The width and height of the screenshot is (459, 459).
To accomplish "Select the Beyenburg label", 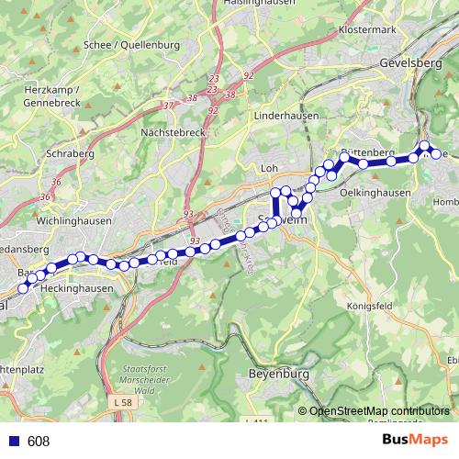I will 278,374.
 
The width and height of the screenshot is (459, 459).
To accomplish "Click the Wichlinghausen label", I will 73,221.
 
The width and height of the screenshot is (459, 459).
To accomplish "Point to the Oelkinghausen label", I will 374,192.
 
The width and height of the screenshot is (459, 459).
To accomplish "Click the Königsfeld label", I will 371,305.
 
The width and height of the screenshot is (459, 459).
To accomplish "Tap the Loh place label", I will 269,169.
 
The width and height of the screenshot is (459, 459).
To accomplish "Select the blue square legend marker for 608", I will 11,442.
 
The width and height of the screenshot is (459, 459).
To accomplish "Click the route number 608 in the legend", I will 39,442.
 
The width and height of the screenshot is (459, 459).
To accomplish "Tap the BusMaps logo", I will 414,441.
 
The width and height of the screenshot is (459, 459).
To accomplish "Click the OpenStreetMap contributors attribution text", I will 379,410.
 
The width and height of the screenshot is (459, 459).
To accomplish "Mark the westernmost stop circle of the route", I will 23,288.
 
